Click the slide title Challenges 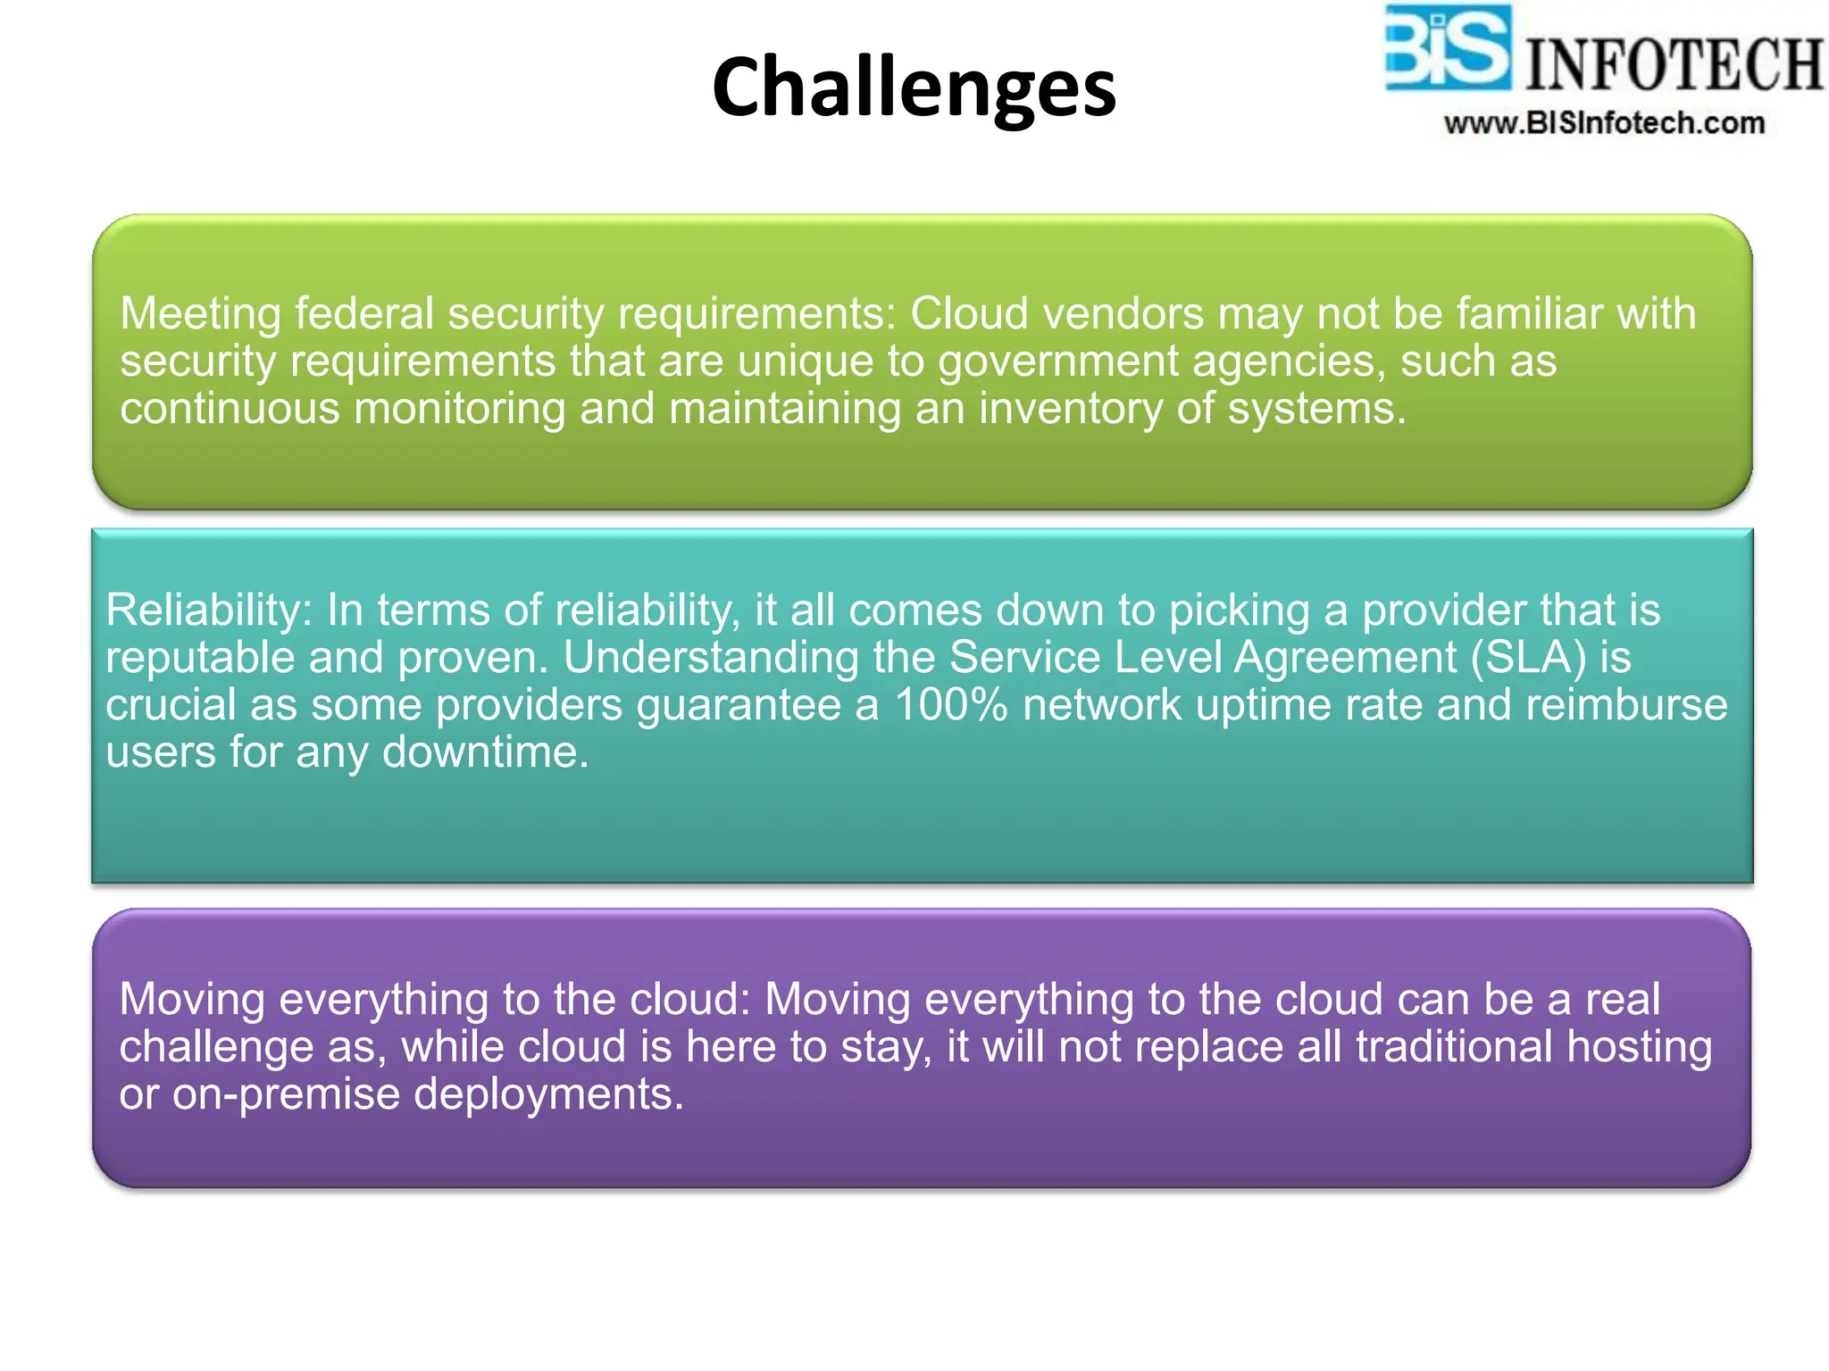914,87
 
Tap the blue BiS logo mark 1447,48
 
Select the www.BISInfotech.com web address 1604,123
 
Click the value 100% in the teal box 951,705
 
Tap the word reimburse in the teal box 1626,705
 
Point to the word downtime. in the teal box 486,752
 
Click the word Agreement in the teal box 1346,658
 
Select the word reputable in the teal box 200,658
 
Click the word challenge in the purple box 215,1047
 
